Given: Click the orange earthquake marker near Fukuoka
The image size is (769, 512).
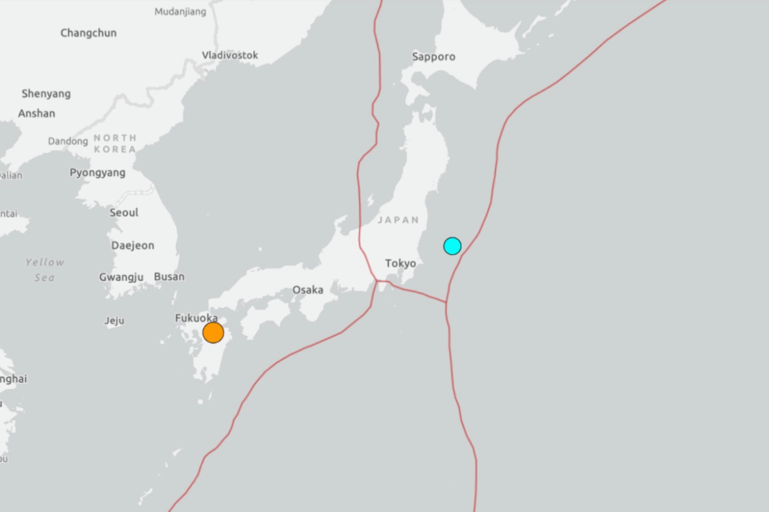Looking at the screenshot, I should coord(213,333).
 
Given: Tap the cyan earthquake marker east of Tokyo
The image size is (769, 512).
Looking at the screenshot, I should coord(452,246).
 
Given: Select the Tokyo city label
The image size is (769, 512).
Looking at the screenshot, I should coord(400,263).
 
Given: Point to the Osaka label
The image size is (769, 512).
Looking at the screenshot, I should coord(308,289).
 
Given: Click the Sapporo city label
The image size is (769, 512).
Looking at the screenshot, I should coord(434,56).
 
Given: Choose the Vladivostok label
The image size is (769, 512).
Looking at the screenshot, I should coord(230,55).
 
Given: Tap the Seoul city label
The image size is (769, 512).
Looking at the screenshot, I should coord(124,213).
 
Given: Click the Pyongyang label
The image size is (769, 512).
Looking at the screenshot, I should coord(97,173).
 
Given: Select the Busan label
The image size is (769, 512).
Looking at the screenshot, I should coord(169,277).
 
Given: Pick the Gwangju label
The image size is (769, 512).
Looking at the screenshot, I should coord(122,277).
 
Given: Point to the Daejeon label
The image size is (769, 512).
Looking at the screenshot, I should coord(133,245).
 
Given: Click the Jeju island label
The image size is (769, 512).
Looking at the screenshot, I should coord(114,321).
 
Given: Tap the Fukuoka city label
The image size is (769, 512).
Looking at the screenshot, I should coord(197,318).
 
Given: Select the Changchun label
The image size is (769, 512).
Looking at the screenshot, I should coord(89,33).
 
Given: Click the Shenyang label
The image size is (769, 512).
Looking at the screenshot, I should coord(46,94).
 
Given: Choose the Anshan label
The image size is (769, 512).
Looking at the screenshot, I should coord(37,114).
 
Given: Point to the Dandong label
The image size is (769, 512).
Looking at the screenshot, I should coord(68,142).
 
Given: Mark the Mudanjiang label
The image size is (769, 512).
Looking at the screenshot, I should coord(180,12).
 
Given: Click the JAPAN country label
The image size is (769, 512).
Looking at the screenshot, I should coord(398,221).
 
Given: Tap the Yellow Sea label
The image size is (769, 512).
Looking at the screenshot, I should coord(45,270).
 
